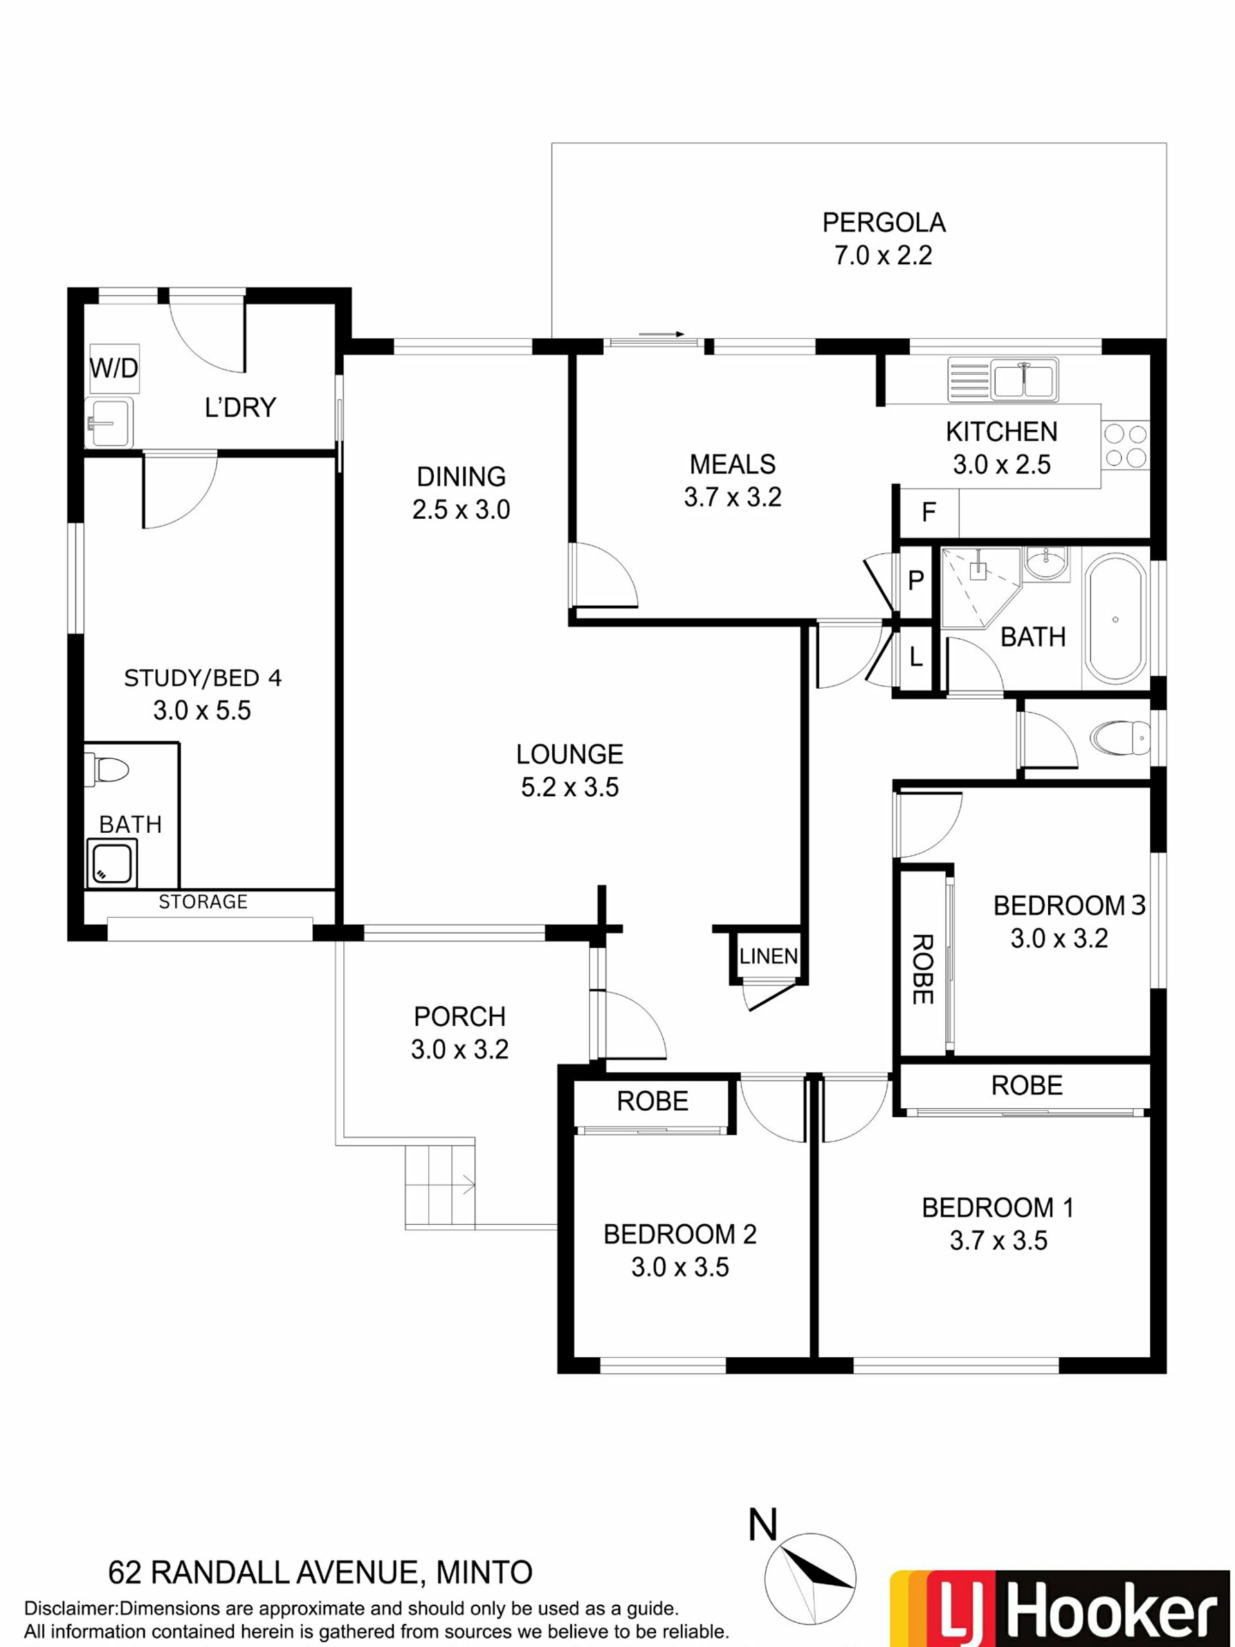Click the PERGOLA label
[x=884, y=223]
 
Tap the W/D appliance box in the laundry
[x=114, y=368]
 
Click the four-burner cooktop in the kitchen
[x=1126, y=445]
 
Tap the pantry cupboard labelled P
[x=916, y=580]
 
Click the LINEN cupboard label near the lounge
[x=768, y=956]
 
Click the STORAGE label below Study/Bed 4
[x=203, y=902]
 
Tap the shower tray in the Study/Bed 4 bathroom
[x=113, y=863]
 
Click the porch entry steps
[x=440, y=1187]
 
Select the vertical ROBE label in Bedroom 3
[x=922, y=970]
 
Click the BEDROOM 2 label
[x=680, y=1235]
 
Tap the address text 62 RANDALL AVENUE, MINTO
[x=320, y=1573]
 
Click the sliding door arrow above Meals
[x=661, y=335]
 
